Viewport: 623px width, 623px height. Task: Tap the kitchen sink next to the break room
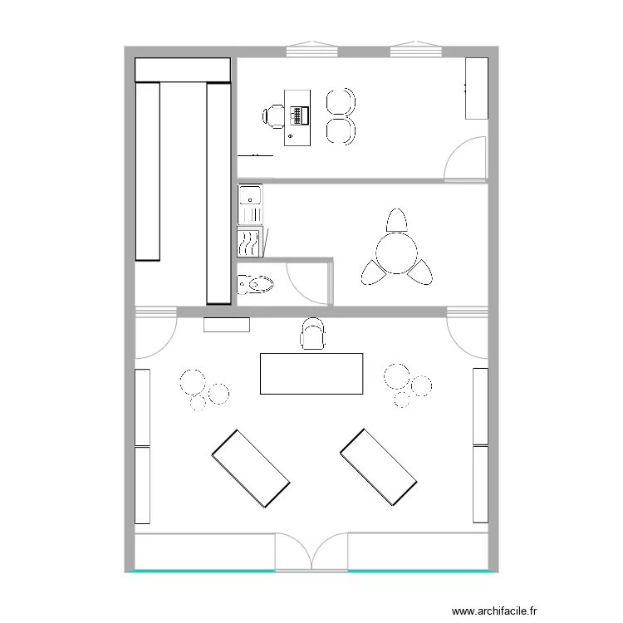tap(250, 197)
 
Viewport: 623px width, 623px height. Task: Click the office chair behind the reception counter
tap(312, 334)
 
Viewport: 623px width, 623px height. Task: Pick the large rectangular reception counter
tap(311, 373)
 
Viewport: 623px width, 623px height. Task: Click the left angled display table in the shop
tap(250, 468)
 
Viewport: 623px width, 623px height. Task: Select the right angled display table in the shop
tap(378, 468)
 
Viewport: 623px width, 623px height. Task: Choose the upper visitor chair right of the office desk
tap(340, 102)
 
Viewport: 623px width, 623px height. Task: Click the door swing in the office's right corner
tap(465, 159)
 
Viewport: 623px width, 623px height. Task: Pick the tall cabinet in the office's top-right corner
tap(476, 88)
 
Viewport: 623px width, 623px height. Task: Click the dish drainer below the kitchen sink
tap(249, 242)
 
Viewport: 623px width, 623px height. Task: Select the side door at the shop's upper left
tap(155, 332)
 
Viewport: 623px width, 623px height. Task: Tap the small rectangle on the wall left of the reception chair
tap(227, 325)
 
